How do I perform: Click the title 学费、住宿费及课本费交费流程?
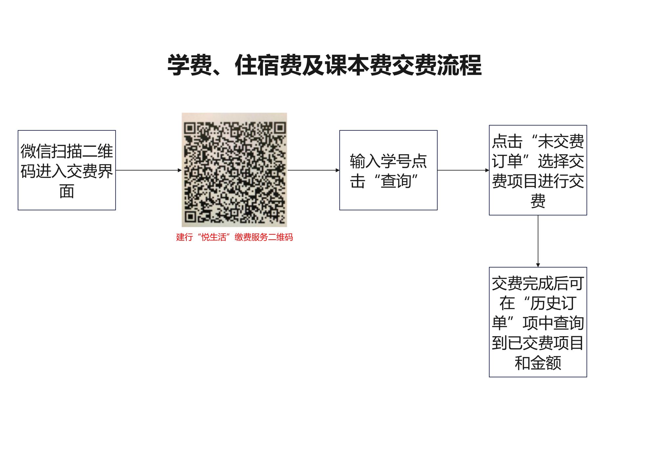tap(325, 65)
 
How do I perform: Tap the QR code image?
tap(234, 170)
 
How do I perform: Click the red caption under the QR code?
tap(234, 237)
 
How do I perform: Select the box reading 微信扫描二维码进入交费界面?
tap(67, 170)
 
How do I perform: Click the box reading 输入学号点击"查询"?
tap(388, 170)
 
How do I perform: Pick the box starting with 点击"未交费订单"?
tap(538, 170)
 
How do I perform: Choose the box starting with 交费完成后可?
tap(538, 322)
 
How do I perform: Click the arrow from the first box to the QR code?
tap(149, 170)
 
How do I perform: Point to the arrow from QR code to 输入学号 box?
tap(313, 170)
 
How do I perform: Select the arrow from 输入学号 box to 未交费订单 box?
tap(463, 170)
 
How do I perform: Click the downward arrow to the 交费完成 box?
tap(538, 241)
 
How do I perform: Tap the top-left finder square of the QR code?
tap(190, 128)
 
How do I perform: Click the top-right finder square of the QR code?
tap(280, 127)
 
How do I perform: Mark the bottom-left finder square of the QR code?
tap(190, 216)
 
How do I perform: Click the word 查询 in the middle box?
tap(396, 181)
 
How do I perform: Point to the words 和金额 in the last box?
tap(538, 363)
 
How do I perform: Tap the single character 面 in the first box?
tap(67, 191)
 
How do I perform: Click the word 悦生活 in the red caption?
tap(214, 237)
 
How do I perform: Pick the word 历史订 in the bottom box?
tap(553, 303)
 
